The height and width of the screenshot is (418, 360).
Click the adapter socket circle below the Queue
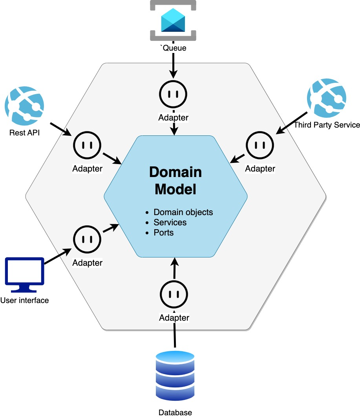[173, 94]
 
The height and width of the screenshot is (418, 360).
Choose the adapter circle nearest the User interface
[87, 239]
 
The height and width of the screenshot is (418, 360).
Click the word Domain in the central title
[175, 172]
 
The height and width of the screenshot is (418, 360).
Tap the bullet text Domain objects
[183, 212]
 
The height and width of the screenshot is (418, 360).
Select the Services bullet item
[170, 223]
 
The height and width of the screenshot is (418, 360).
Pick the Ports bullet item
[164, 232]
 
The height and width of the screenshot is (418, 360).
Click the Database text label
[175, 413]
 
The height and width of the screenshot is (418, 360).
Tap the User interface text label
[25, 301]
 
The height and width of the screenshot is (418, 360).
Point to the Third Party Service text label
[327, 125]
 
